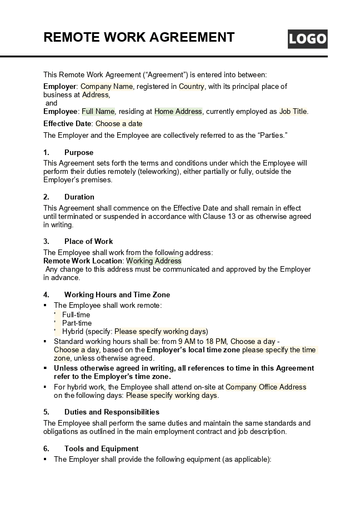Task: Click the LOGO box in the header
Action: pyautogui.click(x=307, y=39)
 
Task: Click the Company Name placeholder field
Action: pyautogui.click(x=107, y=86)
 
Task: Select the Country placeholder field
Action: pyautogui.click(x=192, y=86)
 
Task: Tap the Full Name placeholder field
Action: pyautogui.click(x=98, y=111)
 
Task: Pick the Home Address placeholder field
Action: pyautogui.click(x=178, y=111)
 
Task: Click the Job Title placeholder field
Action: pyautogui.click(x=293, y=111)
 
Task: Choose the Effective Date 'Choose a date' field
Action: pyautogui.click(x=119, y=123)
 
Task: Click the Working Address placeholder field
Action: pyautogui.click(x=154, y=261)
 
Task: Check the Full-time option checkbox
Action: pyautogui.click(x=55, y=315)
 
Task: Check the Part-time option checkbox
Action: pyautogui.click(x=55, y=323)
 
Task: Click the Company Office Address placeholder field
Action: pyautogui.click(x=266, y=387)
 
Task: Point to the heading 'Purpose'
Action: pyautogui.click(x=79, y=152)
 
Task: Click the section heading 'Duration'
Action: pyautogui.click(x=79, y=197)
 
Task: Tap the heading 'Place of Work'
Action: pyautogui.click(x=88, y=241)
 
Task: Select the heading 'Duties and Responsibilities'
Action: pyautogui.click(x=112, y=412)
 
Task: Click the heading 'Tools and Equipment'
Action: pyautogui.click(x=101, y=448)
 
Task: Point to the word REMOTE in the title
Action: pyautogui.click(x=73, y=37)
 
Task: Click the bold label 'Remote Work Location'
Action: pyautogui.click(x=83, y=261)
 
